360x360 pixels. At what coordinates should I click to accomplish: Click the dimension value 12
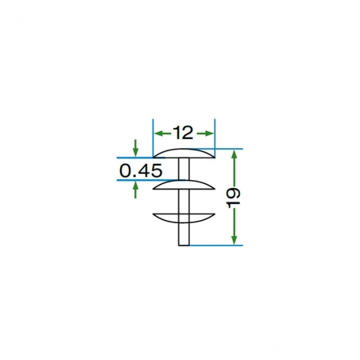click(183, 133)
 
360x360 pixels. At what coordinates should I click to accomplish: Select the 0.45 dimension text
click(141, 170)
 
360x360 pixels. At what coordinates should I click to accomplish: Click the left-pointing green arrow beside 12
click(163, 134)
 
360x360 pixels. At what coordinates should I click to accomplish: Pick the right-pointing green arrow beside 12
click(206, 134)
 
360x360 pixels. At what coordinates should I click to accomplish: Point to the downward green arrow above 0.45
click(136, 148)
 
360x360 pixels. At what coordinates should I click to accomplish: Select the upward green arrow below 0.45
click(136, 190)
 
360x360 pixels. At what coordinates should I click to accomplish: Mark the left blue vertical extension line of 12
click(153, 138)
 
